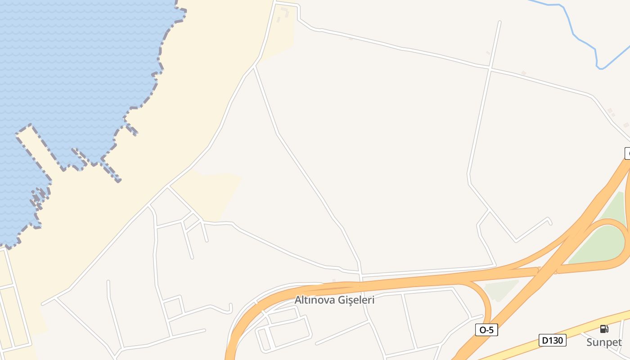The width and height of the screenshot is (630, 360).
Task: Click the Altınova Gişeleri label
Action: pos(334,300)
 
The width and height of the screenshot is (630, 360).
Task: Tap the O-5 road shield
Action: pos(486,330)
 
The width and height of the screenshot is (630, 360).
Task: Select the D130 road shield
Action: pos(552,340)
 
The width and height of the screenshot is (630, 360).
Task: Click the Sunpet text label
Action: pos(604,342)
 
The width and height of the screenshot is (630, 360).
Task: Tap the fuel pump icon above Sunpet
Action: pos(604,329)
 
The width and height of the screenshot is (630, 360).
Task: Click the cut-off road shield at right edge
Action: pos(627,153)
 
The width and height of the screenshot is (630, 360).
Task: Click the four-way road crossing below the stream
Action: pos(490,68)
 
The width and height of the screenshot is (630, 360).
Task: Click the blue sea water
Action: pos(67,67)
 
